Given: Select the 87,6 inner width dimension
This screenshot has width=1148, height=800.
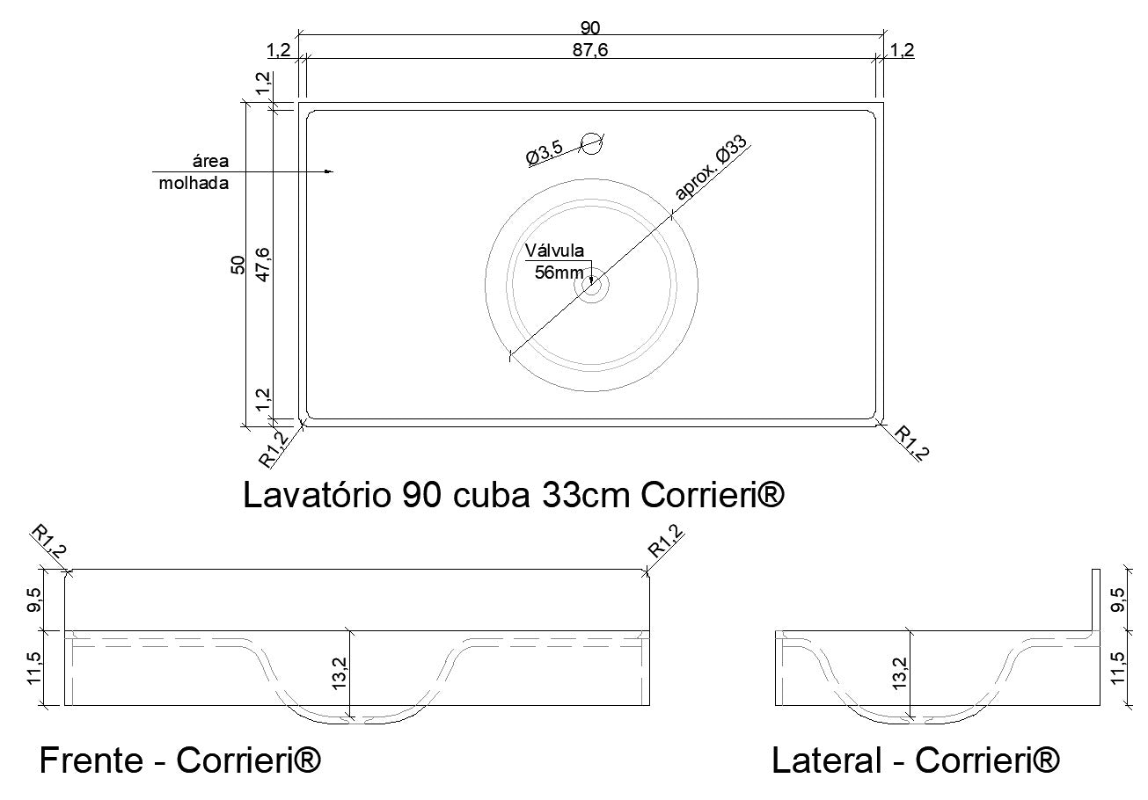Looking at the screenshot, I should (590, 50).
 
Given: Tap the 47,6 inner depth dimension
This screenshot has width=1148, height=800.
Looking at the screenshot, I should (262, 264).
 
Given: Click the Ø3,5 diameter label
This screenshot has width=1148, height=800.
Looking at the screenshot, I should (545, 154).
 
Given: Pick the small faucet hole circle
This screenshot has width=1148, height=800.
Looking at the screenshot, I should (593, 142).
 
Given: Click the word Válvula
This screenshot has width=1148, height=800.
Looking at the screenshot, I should (554, 251).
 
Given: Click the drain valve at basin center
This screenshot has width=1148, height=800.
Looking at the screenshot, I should (592, 285).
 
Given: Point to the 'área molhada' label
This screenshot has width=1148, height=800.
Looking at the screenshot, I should (194, 172).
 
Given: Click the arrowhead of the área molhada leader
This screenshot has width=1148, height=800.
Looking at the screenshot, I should (330, 171).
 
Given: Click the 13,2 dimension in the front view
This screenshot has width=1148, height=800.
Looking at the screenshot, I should (340, 675).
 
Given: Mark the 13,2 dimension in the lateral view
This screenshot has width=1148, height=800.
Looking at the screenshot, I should (901, 675).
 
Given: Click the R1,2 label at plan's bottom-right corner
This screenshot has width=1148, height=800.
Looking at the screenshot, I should (911, 442).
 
